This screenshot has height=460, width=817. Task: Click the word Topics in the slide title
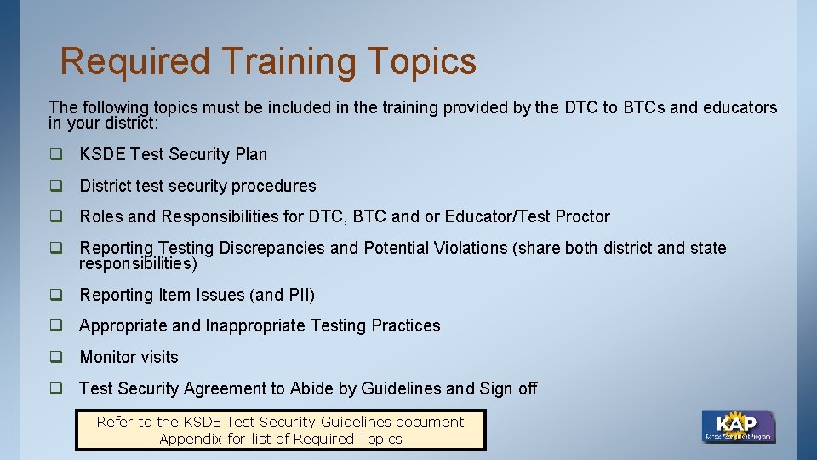(x=422, y=62)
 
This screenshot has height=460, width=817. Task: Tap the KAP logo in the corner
(x=738, y=426)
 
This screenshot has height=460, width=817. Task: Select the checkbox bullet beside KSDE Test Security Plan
(x=56, y=154)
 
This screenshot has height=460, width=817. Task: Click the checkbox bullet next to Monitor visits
(x=56, y=357)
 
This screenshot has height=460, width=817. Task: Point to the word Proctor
(x=582, y=216)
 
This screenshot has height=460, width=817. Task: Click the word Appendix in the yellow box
(x=190, y=439)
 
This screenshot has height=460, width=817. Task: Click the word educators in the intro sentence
(x=740, y=107)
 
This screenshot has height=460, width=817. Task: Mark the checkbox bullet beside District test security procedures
(x=56, y=186)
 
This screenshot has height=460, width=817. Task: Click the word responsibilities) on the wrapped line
(x=138, y=264)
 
